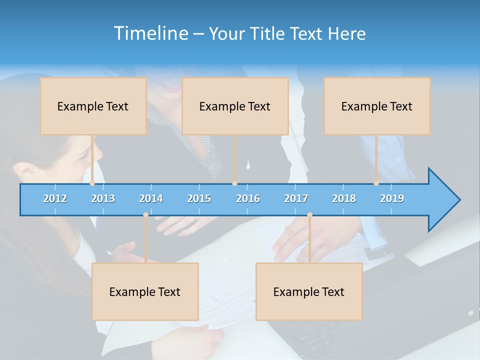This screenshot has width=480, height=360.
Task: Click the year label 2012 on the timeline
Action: coord(55,198)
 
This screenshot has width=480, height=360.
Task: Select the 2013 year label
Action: coord(103,198)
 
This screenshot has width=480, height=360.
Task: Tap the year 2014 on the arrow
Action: coord(151,198)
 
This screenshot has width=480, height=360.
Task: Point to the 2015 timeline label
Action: coord(199,198)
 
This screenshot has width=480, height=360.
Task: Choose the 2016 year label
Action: coord(248,198)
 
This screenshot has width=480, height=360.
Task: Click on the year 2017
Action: coord(296,198)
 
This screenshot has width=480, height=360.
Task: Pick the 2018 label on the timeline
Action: coord(344,198)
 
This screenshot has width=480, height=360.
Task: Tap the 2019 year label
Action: coord(392,198)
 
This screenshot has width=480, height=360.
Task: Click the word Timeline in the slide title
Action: coord(150,33)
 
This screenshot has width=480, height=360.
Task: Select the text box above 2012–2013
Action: coord(93,106)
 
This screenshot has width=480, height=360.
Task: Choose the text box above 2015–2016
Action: coord(235,106)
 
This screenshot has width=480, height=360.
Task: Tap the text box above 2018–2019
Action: coord(377,106)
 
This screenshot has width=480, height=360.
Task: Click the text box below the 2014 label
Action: coord(145,291)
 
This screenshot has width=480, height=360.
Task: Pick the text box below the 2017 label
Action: coord(309,291)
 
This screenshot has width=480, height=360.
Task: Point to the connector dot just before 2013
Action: coord(92,183)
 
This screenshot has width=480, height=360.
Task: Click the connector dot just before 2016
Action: coord(234,183)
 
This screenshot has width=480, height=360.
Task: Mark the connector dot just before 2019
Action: coord(376,183)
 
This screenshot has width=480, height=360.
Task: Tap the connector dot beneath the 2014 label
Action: coord(145,215)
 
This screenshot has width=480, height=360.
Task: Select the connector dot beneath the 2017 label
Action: coord(309,215)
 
